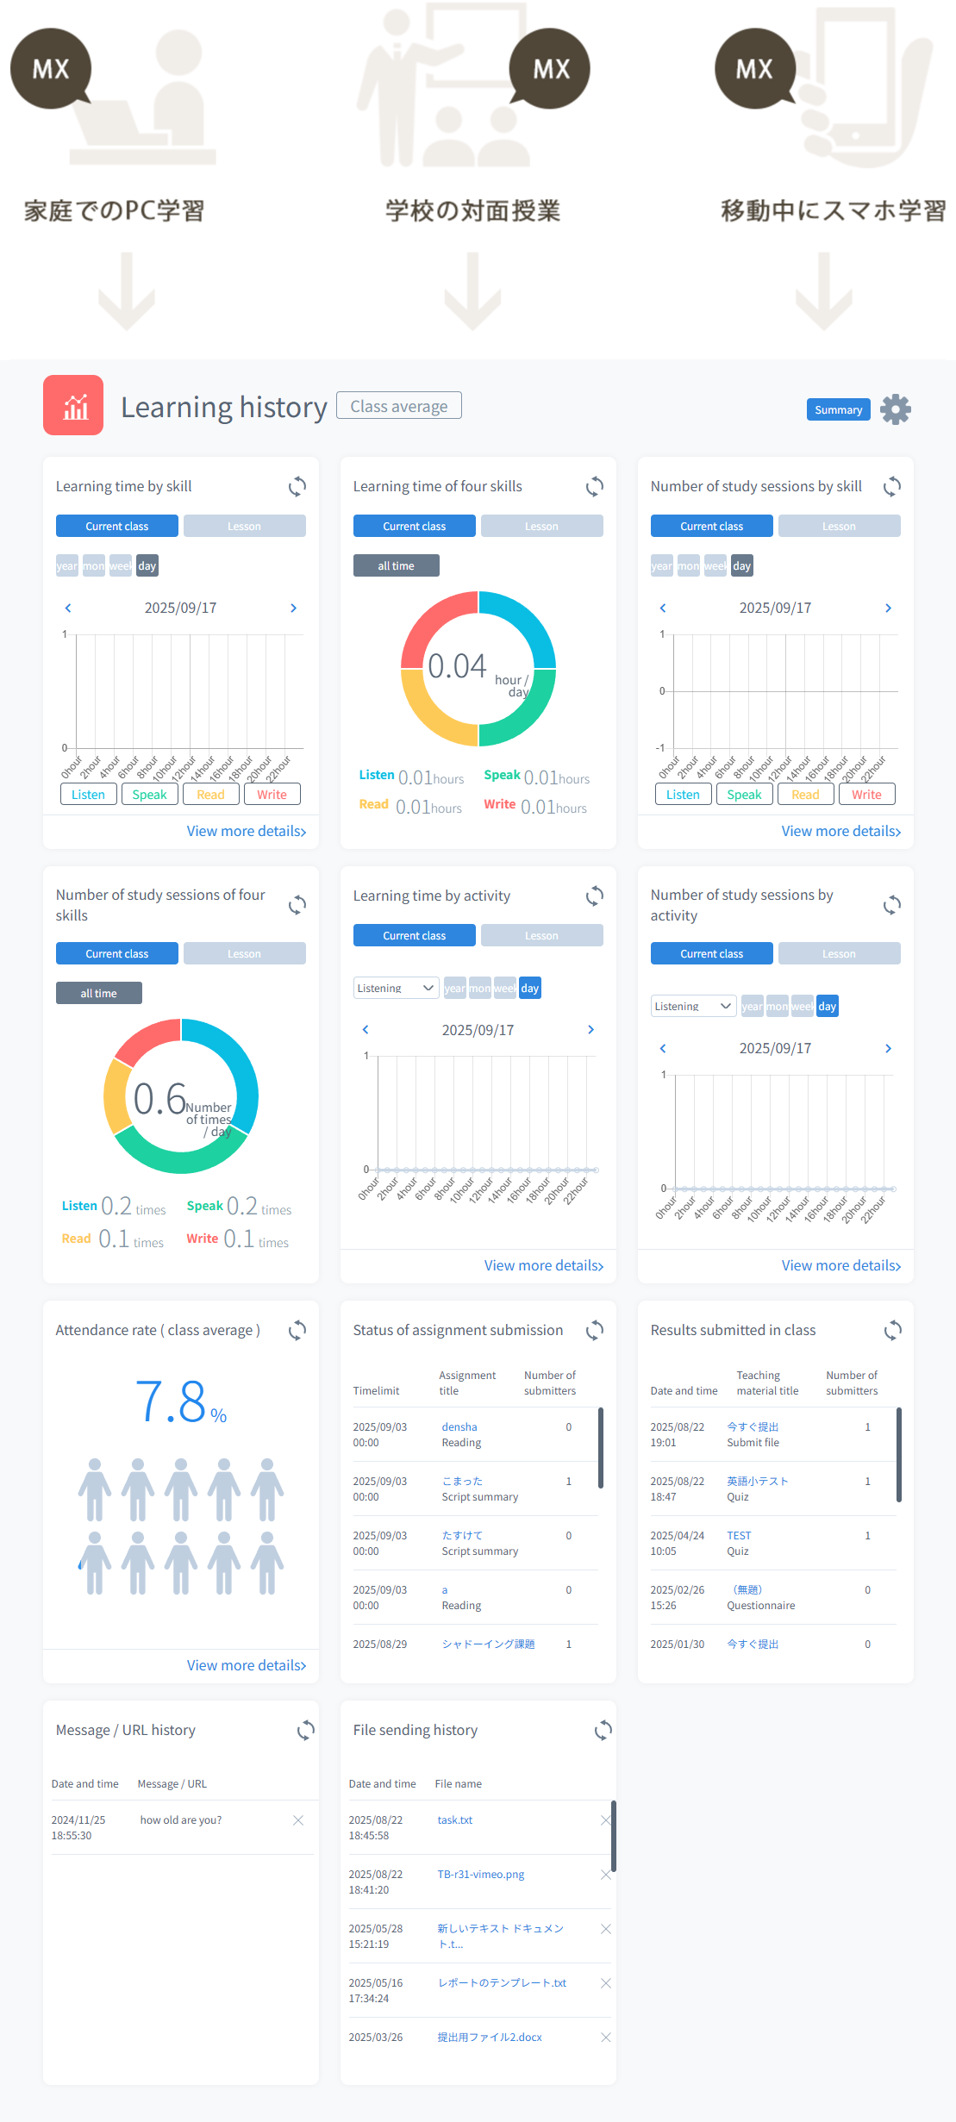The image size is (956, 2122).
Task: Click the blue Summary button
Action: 838,409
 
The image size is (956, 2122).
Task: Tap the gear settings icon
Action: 896,409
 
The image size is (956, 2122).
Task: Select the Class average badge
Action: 398,406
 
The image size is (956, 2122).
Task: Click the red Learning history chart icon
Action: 73,405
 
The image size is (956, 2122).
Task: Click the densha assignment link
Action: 459,1427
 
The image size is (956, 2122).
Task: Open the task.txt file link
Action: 454,1820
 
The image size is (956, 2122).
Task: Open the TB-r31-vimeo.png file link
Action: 480,1875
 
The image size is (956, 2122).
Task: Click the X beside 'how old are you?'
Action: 298,1820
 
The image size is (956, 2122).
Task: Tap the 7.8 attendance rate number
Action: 171,1401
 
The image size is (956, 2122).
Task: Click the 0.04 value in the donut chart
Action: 457,666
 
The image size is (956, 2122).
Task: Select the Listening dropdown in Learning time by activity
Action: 396,988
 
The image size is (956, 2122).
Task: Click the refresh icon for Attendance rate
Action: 297,1330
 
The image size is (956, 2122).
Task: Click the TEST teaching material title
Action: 739,1536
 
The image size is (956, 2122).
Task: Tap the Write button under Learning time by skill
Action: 272,795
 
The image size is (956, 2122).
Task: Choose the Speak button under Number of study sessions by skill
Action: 744,795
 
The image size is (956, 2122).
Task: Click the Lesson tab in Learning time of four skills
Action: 541,526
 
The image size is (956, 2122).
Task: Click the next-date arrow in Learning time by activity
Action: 590,1030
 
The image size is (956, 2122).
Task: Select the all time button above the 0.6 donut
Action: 99,993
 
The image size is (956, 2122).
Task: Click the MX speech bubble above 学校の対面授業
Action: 550,69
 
